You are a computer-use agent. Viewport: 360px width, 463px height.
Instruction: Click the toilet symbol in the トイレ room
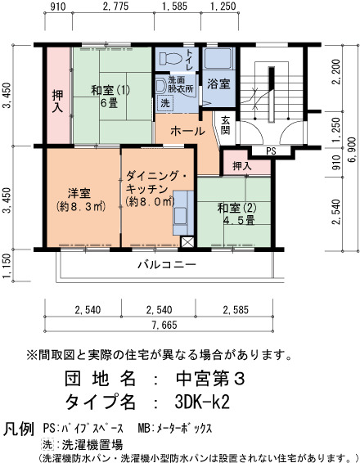coord(170,59)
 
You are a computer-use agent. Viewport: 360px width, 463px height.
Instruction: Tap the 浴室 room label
coord(218,84)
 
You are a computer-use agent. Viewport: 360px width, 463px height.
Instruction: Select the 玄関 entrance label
coord(225,125)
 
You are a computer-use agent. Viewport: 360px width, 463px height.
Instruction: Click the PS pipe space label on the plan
coord(271,151)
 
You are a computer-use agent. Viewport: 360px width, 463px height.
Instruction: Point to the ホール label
coord(187,131)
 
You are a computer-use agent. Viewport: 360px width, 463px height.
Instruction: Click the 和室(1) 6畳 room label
coord(110,97)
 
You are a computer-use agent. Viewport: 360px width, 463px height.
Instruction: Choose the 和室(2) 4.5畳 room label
coord(236,214)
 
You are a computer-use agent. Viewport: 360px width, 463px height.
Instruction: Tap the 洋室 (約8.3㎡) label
coord(81,200)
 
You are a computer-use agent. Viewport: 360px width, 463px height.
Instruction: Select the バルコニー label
coord(167,264)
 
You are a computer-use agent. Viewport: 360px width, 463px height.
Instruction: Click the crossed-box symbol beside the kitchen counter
coord(187,242)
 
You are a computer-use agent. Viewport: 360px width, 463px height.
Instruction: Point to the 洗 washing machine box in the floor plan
coord(164,103)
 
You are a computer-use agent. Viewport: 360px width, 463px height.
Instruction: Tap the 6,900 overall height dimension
coord(352,149)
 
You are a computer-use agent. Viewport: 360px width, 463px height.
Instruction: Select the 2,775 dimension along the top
coord(115,7)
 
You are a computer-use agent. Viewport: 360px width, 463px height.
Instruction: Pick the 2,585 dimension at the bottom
coord(236,310)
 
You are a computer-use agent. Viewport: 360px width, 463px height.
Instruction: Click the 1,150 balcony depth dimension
coord(7,266)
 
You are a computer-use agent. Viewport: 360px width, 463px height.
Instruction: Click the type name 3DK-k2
coord(202,402)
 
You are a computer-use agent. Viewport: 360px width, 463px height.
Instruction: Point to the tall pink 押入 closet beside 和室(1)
coord(58,96)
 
